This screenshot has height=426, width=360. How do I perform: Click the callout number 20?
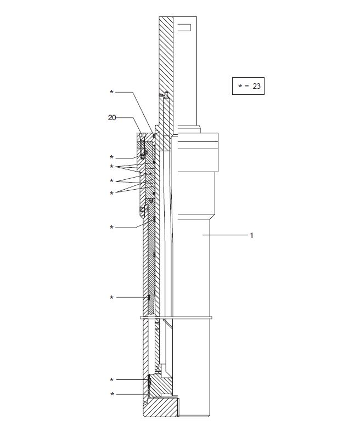[x=112, y=118]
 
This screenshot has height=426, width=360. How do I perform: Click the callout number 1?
[x=251, y=235]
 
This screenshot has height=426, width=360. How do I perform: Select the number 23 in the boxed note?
[x=256, y=86]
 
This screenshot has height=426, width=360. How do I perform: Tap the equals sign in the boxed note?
[x=246, y=86]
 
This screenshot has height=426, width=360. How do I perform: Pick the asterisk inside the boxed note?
[x=240, y=86]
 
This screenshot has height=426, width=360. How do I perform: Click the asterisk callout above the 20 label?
[x=111, y=92]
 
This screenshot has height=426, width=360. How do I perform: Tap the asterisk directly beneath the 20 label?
[x=111, y=157]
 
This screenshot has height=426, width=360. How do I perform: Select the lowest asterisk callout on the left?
[x=113, y=394]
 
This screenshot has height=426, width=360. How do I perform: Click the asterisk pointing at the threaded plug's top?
[x=111, y=380]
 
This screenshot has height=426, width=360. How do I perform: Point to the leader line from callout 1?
[x=225, y=235]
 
